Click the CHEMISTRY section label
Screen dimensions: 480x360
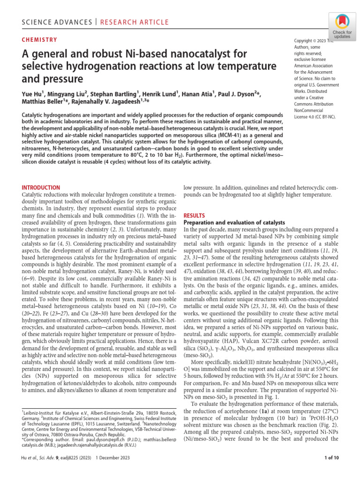pyautogui.click(x=40, y=40)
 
